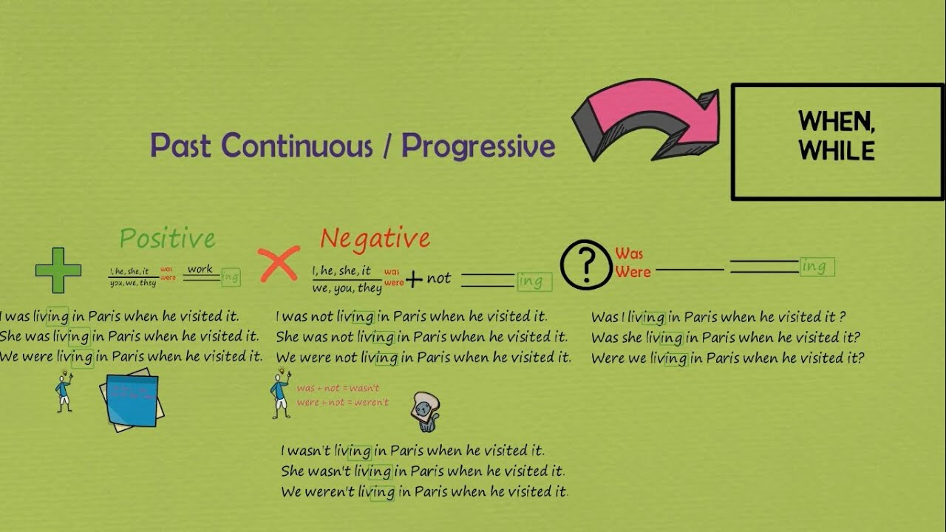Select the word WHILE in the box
pos(837,151)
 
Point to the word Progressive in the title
pos(478,146)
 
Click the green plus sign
pos(58,270)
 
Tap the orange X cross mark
pos(279,263)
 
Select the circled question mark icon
pos(586,264)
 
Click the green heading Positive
pos(167,238)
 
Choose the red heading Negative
pos(375,238)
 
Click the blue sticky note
pos(132,399)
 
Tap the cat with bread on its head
pos(426,411)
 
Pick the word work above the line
pos(200,269)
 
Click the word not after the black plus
pos(438,278)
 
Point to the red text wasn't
pos(364,389)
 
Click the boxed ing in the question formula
pos(817,267)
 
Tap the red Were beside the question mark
pos(633,272)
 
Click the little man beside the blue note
pos(64,392)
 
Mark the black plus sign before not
pos(414,279)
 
